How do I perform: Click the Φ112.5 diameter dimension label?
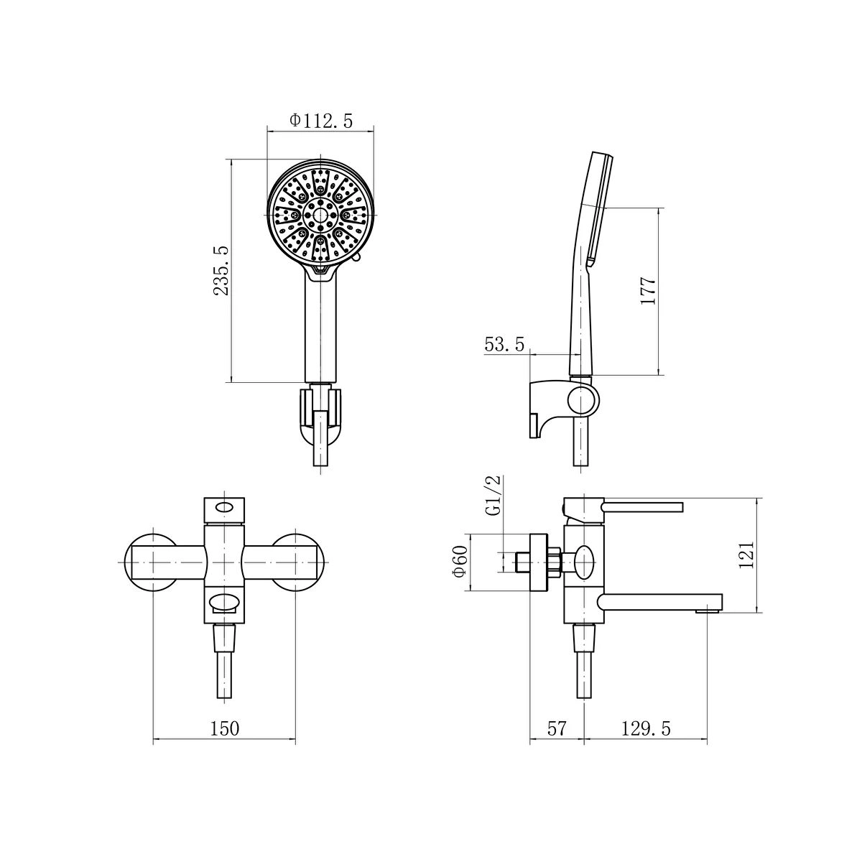click(320, 121)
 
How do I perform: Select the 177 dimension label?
click(648, 291)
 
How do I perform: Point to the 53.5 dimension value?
click(504, 344)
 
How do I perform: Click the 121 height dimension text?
click(746, 555)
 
